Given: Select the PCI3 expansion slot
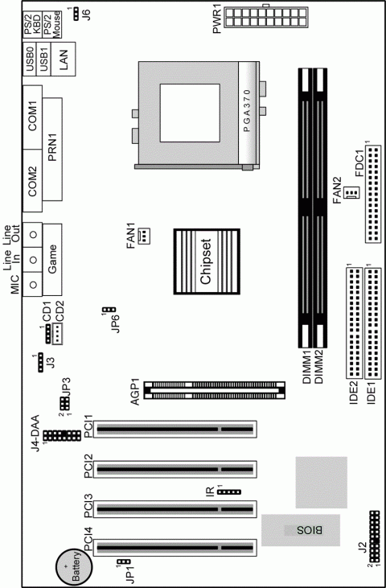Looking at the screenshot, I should click(x=175, y=508).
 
